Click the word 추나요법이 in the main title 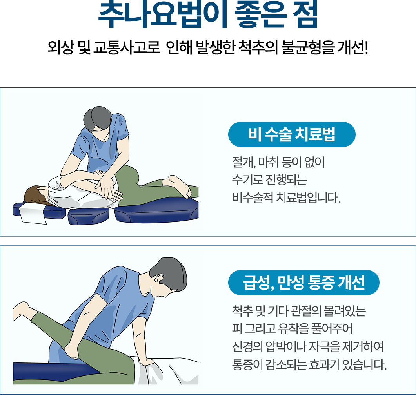(163, 15)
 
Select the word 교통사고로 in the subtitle (126, 48)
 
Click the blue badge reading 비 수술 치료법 (292, 134)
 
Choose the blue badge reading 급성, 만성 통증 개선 (303, 283)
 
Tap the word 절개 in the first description (243, 162)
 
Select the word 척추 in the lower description (242, 311)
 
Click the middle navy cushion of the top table (89, 216)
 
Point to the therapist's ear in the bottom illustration (160, 278)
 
